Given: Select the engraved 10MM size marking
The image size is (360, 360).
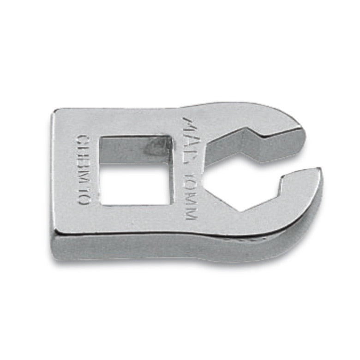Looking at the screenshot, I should click(190, 194).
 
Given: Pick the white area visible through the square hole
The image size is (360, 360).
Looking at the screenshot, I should click(134, 185).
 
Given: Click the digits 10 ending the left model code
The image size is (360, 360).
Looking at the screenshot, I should click(84, 196).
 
